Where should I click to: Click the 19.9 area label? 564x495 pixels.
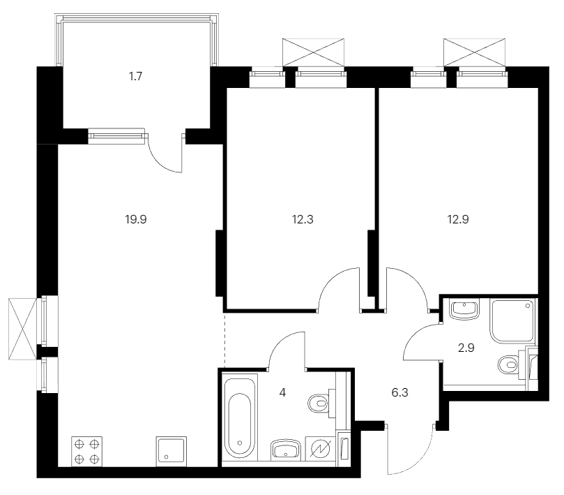(136, 219)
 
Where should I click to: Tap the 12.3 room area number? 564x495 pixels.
(303, 219)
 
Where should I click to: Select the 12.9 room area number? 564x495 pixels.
(458, 219)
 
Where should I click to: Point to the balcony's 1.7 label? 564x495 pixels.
(136, 76)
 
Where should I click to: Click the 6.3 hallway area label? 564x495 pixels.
(399, 392)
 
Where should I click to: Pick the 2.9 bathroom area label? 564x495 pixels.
(466, 348)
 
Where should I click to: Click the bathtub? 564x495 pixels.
(239, 420)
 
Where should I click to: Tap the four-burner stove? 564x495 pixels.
(86, 452)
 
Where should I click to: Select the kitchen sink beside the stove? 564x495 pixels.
(172, 452)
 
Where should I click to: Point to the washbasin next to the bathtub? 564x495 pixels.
(286, 450)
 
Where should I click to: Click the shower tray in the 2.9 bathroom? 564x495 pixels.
(512, 320)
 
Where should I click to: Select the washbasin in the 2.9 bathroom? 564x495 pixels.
(464, 309)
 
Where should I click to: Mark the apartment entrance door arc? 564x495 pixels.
(419, 461)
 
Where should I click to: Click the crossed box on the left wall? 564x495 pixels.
(23, 329)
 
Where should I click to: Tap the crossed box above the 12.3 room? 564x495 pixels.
(313, 52)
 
